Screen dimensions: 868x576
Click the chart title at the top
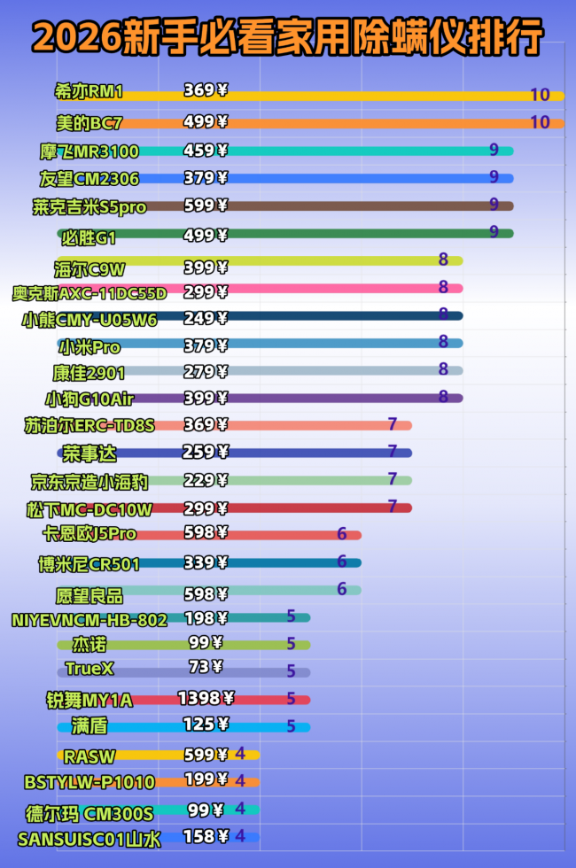288,37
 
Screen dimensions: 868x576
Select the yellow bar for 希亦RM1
372,96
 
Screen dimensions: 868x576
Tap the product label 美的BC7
89,122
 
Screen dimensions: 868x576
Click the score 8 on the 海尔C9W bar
443,260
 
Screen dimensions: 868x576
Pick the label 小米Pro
88,347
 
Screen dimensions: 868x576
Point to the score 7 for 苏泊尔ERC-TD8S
392,424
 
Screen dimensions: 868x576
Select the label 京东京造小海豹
90,482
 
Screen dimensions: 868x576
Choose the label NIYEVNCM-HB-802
90,620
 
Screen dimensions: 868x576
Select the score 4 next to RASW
240,754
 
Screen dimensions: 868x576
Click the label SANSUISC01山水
89,838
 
